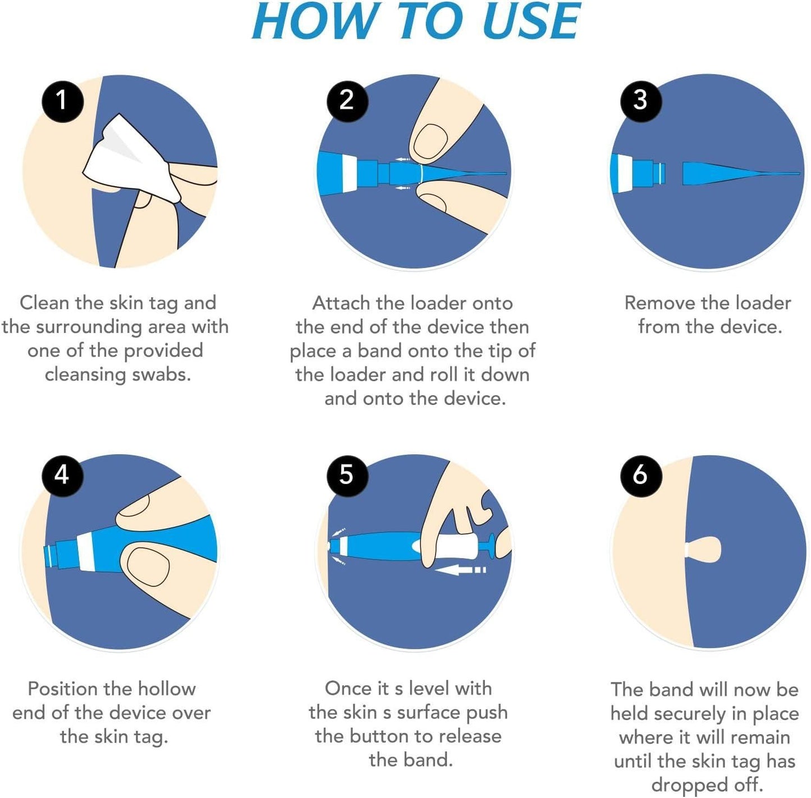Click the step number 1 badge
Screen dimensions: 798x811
pyautogui.click(x=62, y=101)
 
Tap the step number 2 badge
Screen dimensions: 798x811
pyautogui.click(x=347, y=101)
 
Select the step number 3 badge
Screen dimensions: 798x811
pyautogui.click(x=640, y=101)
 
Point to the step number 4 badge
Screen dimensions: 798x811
pyautogui.click(x=62, y=476)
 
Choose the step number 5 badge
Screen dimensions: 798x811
pyautogui.click(x=347, y=476)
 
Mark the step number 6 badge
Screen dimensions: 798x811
pyautogui.click(x=640, y=476)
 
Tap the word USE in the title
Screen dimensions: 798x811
pyautogui.click(x=530, y=22)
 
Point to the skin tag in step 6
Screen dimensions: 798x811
pyautogui.click(x=704, y=549)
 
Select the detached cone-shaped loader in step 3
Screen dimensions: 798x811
pyautogui.click(x=730, y=173)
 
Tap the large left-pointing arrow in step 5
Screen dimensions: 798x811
pyautogui.click(x=457, y=570)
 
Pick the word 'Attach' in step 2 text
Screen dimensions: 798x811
pyautogui.click(x=341, y=303)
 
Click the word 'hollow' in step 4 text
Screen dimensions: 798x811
pyautogui.click(x=167, y=689)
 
